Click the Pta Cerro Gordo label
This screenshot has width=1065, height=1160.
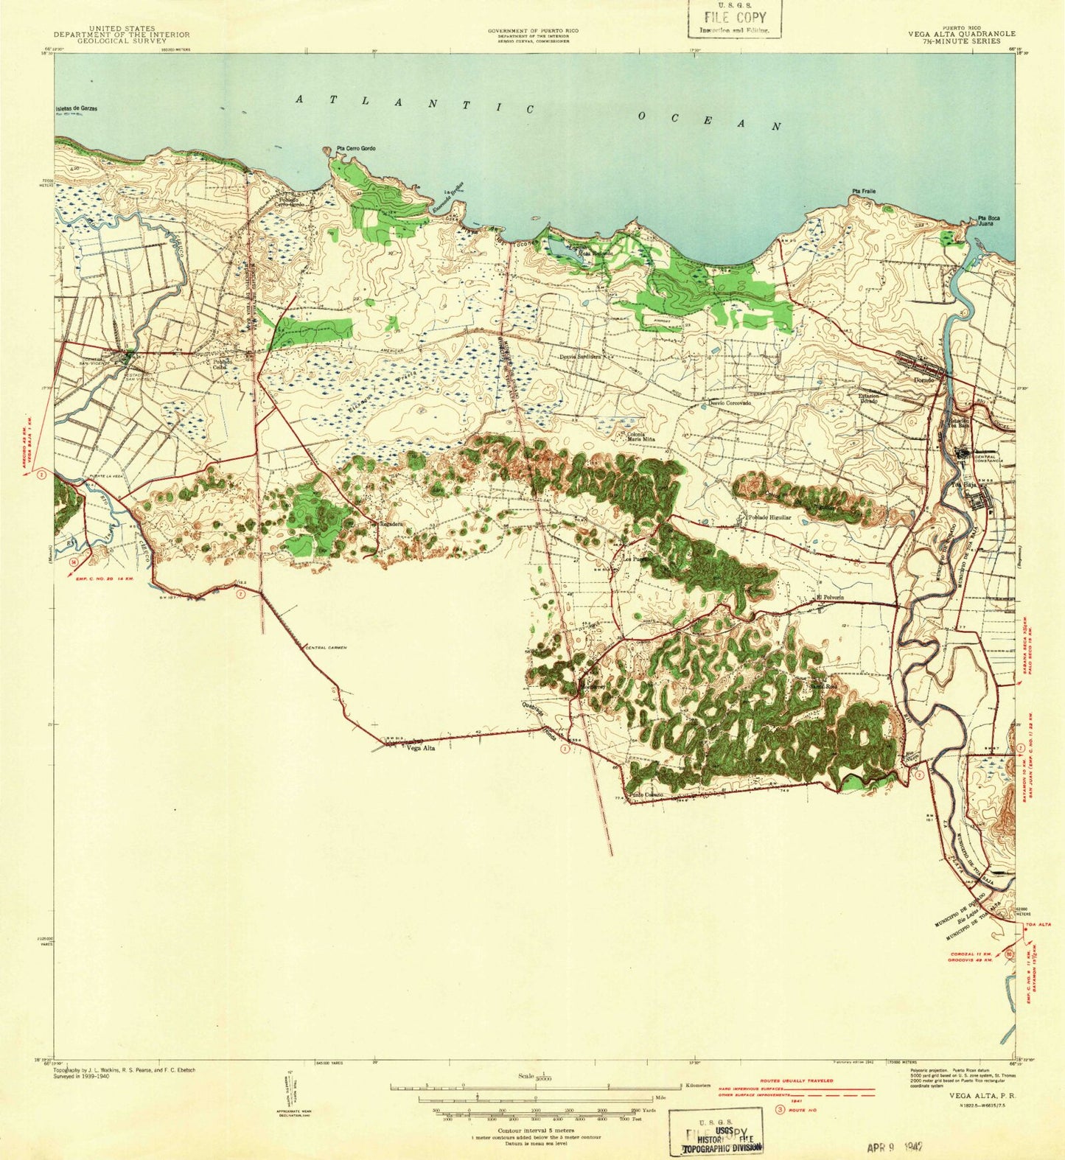(x=356, y=149)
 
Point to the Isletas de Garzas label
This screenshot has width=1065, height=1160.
(x=76, y=109)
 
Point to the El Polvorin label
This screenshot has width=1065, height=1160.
(x=828, y=597)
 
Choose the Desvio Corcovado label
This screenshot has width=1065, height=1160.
(x=730, y=403)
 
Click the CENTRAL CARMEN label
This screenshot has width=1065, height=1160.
(x=326, y=647)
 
